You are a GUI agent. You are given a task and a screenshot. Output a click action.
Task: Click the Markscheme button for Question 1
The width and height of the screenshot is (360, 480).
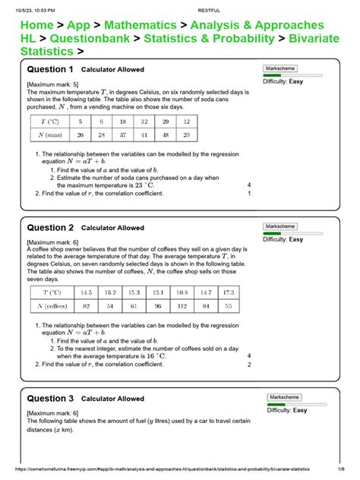pos(282,68)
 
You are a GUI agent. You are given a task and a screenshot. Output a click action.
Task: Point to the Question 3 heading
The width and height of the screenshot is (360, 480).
pos(49,399)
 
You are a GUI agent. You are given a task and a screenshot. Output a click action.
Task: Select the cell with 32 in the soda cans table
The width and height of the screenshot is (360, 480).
pos(144,121)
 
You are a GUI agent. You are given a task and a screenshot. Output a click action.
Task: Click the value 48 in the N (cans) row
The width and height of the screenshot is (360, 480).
pos(165,134)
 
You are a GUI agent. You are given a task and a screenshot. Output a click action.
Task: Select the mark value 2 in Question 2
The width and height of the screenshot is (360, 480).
pos(249,364)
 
